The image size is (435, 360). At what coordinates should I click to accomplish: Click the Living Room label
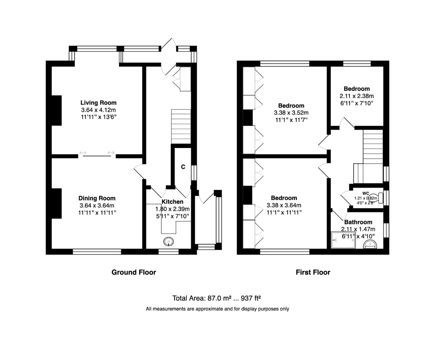[98, 103]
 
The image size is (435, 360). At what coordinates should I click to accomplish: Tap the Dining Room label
[97, 198]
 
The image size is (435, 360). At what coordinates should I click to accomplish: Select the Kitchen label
[172, 202]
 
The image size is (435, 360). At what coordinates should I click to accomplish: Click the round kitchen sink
[169, 241]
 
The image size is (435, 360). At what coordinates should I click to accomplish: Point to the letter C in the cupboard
[183, 167]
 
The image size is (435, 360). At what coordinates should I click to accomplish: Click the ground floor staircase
[181, 126]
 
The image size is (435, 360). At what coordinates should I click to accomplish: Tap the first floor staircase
[373, 147]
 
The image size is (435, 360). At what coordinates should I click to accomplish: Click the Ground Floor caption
[134, 272]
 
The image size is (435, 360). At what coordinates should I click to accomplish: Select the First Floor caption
[313, 272]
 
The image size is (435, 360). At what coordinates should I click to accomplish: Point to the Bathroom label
[358, 222]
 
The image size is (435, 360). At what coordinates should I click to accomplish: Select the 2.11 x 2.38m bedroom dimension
[356, 96]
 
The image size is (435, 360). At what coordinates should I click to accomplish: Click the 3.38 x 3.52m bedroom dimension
[291, 113]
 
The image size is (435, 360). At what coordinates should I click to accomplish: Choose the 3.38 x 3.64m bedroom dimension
[284, 205]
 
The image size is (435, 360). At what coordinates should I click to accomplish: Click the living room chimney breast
[57, 110]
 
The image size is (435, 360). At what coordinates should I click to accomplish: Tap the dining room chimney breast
[57, 203]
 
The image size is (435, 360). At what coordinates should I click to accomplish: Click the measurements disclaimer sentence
[217, 309]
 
